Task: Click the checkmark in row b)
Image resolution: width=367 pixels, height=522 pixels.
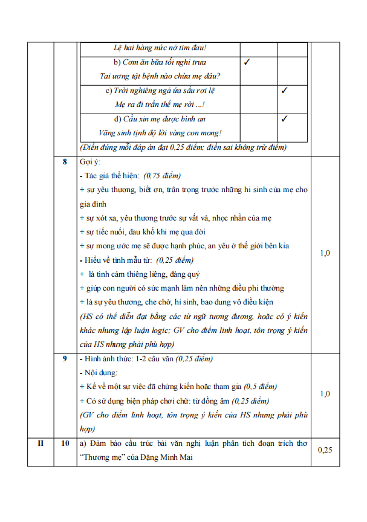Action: coord(247,62)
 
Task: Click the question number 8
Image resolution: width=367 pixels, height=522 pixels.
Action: coord(65,162)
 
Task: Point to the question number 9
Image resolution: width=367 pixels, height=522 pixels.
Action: coord(65,359)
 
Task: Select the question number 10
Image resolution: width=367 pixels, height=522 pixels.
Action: coord(65,444)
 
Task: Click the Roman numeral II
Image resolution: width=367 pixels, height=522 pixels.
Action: coord(41,444)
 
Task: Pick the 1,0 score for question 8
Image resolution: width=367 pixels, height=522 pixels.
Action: coord(325,253)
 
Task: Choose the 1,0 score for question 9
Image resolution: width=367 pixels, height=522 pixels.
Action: coord(325,394)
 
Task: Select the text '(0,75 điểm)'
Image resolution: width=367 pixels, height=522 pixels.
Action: coord(162,176)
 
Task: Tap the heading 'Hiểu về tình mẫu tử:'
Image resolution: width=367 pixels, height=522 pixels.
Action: coord(118,260)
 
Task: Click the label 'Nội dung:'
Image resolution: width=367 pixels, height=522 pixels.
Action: coord(100,373)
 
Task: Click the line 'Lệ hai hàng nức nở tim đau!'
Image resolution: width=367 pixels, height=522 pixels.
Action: coord(160,48)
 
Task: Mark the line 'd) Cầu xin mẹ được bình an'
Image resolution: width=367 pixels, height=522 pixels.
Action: coord(160,119)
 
